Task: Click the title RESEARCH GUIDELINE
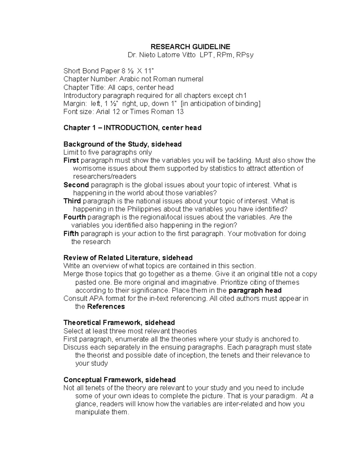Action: [x=190, y=47]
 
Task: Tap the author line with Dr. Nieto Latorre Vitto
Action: [x=190, y=55]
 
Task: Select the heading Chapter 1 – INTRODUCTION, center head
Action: [x=132, y=128]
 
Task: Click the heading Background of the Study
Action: [x=122, y=144]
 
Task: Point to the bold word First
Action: [x=71, y=160]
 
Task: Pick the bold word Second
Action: [x=76, y=185]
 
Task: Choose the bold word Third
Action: [x=72, y=201]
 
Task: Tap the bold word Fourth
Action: [x=75, y=217]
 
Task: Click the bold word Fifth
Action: [x=71, y=233]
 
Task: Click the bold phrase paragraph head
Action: [x=255, y=290]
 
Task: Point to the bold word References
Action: [x=106, y=307]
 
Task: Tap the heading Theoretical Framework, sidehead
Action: [x=119, y=323]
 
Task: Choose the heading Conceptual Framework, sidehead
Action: [x=119, y=380]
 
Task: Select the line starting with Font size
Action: [x=123, y=112]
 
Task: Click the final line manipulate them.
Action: [x=102, y=412]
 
